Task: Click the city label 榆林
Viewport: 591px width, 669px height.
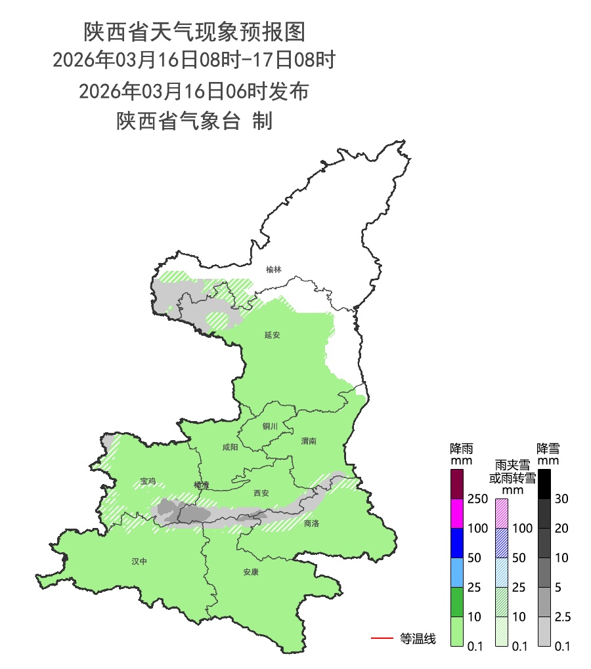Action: (x=274, y=270)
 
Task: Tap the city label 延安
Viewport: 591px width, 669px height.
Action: (x=273, y=335)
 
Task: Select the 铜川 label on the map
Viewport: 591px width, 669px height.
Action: (x=271, y=426)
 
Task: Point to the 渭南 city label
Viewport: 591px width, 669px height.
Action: (x=309, y=441)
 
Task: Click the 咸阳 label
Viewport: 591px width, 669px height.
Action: (x=230, y=448)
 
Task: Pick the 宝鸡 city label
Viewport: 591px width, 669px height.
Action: (x=148, y=481)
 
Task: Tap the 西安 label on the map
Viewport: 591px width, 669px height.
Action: (x=261, y=493)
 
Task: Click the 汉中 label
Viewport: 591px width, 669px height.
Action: (x=139, y=561)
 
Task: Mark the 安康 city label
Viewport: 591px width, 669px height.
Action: (x=251, y=572)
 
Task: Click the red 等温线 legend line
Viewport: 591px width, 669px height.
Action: (x=382, y=638)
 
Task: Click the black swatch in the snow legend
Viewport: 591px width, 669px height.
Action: (x=544, y=484)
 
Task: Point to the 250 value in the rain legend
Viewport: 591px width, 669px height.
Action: (x=477, y=499)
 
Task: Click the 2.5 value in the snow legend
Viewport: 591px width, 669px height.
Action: (x=561, y=617)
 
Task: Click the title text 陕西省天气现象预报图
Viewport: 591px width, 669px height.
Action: (x=194, y=31)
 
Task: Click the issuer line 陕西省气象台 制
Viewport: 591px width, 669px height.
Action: (x=194, y=121)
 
